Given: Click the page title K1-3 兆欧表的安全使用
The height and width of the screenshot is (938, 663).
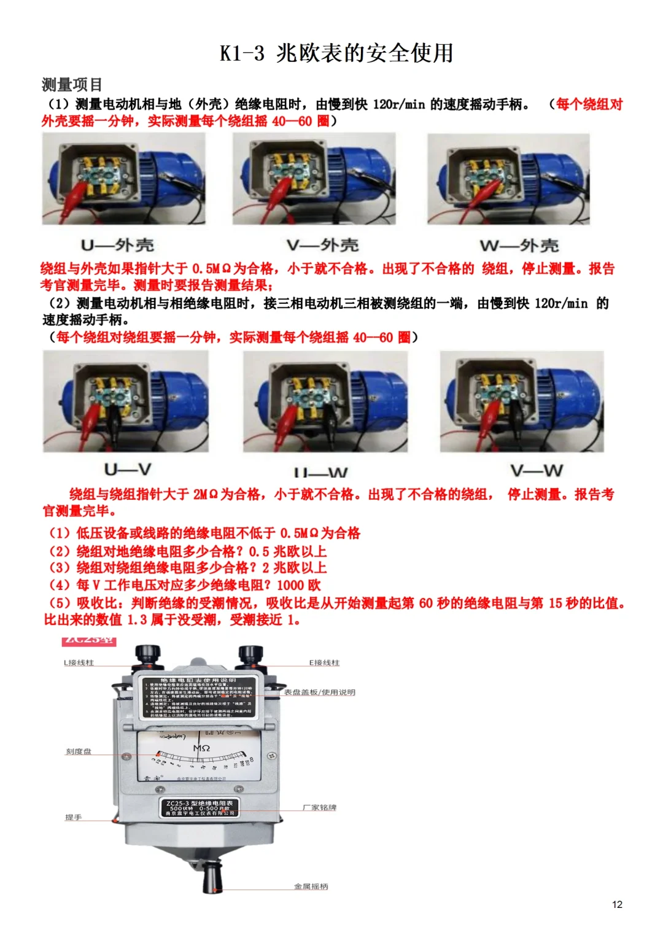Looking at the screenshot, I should pyautogui.click(x=336, y=53).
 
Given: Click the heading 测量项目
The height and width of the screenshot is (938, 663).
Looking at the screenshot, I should pyautogui.click(x=72, y=85).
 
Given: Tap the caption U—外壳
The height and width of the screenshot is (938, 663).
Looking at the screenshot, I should pyautogui.click(x=117, y=246).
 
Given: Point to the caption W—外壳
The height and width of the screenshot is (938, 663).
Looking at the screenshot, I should pyautogui.click(x=519, y=246).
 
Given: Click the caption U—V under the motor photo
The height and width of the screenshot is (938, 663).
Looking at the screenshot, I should pyautogui.click(x=127, y=470).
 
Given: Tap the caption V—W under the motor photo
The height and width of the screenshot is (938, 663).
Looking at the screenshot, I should pyautogui.click(x=536, y=471).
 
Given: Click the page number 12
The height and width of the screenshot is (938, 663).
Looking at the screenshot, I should pyautogui.click(x=617, y=904).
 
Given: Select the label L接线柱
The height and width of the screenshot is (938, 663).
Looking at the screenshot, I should pyautogui.click(x=79, y=663).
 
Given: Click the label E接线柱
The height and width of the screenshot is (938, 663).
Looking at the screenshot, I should pyautogui.click(x=324, y=663).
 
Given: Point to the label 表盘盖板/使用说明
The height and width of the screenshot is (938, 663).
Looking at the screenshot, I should pyautogui.click(x=319, y=692).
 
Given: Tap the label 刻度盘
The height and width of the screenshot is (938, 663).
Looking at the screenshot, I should pyautogui.click(x=79, y=751).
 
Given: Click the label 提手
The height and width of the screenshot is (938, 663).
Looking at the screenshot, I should pyautogui.click(x=73, y=818).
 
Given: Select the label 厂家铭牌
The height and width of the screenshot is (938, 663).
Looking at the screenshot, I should pyautogui.click(x=319, y=808).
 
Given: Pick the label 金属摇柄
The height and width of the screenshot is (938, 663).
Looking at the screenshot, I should pyautogui.click(x=311, y=886).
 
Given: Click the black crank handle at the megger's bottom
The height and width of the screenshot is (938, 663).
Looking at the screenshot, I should pyautogui.click(x=212, y=877).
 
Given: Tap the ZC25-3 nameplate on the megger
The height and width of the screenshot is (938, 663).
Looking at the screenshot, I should pyautogui.click(x=200, y=808).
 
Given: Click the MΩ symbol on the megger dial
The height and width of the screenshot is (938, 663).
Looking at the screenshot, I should pyautogui.click(x=201, y=748).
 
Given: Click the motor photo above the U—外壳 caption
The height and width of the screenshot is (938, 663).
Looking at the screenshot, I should pyautogui.click(x=123, y=179).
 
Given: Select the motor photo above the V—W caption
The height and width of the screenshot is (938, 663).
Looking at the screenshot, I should pyautogui.click(x=522, y=401).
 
